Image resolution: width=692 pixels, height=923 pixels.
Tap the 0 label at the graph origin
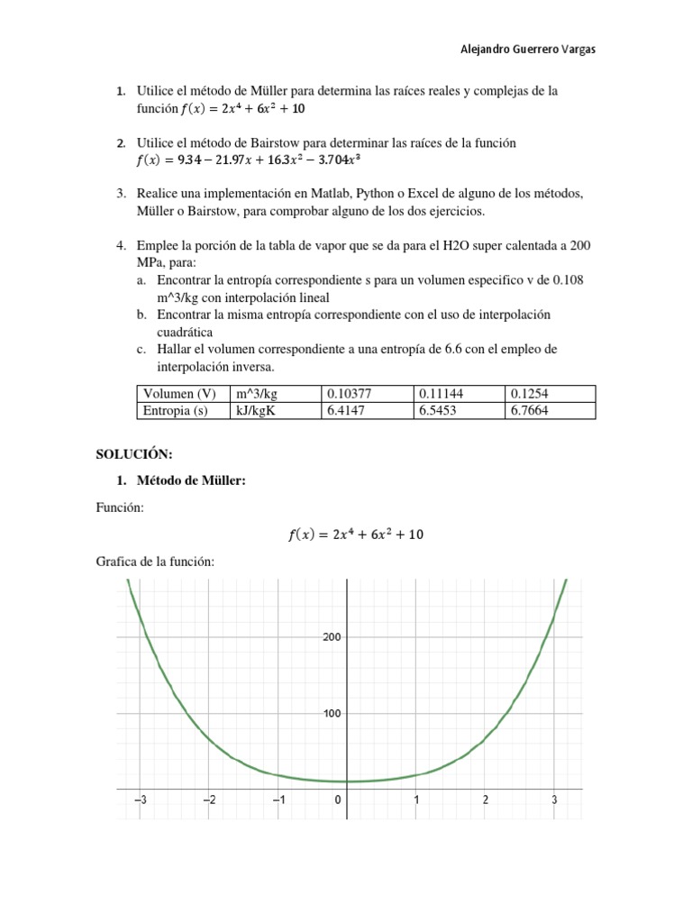coord(338,800)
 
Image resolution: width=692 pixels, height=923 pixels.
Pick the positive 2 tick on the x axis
coord(486,800)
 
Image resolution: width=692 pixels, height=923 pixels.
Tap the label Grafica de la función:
coord(154,562)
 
